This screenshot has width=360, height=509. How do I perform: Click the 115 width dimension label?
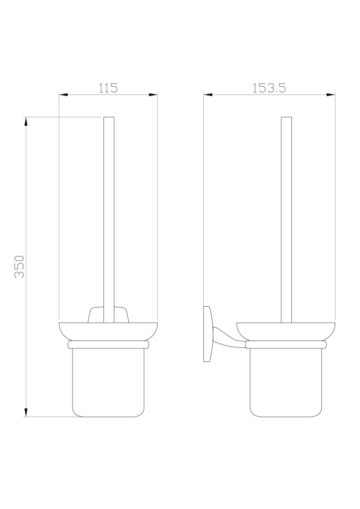click(108, 88)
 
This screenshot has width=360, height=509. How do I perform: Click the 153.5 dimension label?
click(269, 88)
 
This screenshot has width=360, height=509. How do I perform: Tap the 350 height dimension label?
click(19, 266)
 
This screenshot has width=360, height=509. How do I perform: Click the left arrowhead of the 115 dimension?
click(63, 95)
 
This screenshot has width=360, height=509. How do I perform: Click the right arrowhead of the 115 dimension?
click(153, 95)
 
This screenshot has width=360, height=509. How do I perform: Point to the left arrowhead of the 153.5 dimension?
click(208, 95)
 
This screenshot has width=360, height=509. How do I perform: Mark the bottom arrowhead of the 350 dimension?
click(26, 413)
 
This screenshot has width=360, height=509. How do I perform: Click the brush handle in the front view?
click(108, 220)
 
